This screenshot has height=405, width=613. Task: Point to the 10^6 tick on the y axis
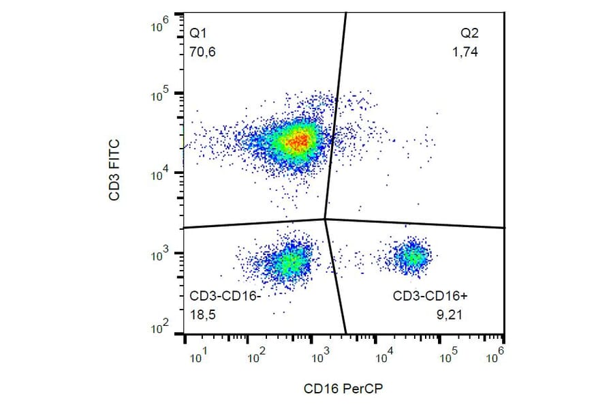161,25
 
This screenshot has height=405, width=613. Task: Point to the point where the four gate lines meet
325,219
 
